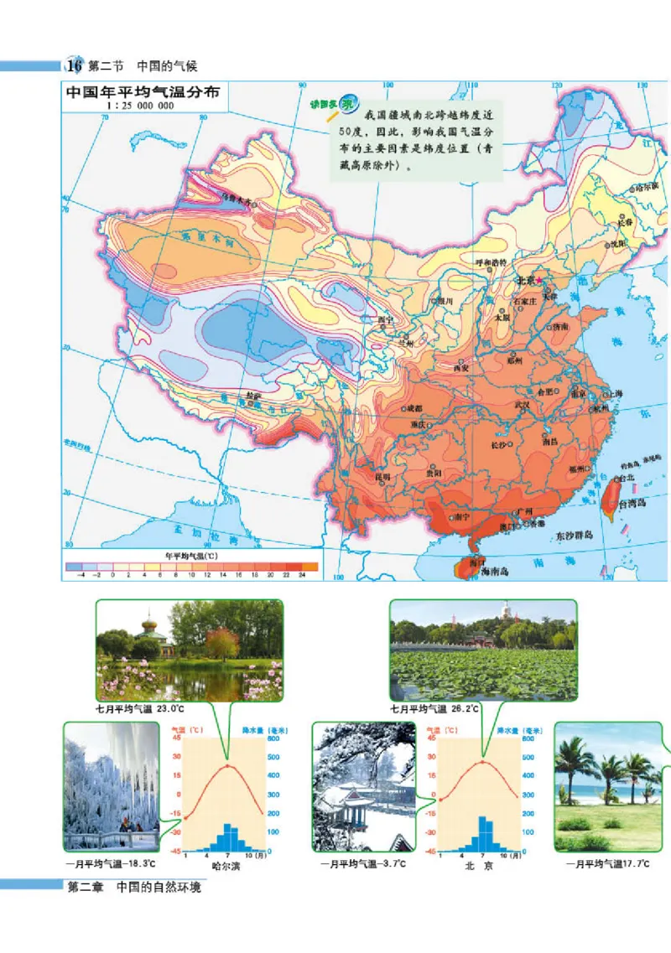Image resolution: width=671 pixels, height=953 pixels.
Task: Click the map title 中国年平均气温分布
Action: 142,92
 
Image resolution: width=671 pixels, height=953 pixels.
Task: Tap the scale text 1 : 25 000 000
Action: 142,106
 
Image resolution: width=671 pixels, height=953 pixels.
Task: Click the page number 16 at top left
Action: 74,65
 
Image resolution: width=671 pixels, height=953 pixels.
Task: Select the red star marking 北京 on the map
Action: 540,281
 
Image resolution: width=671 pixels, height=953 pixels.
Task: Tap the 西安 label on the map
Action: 460,367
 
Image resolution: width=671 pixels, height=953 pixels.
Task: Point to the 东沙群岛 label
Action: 574,534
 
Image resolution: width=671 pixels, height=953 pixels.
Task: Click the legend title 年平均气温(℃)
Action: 191,555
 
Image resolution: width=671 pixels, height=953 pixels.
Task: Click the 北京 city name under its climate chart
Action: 479,867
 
